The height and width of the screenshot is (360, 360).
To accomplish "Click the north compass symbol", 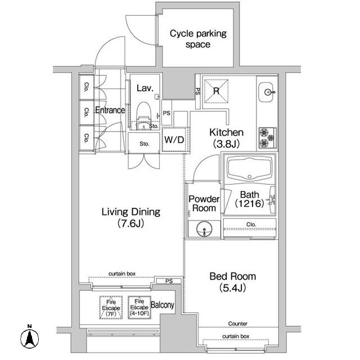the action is point(29,338).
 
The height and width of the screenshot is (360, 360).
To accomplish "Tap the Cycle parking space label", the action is point(198,39).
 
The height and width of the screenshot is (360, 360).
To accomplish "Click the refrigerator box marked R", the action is point(216,91).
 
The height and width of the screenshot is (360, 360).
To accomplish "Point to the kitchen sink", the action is point(266,92).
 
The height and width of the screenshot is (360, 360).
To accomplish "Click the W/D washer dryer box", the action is point(175,139).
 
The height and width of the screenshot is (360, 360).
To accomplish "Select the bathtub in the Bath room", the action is point(250,169).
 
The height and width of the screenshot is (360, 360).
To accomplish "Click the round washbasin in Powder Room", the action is point(204,229).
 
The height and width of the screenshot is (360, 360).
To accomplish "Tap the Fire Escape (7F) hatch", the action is point(111,308).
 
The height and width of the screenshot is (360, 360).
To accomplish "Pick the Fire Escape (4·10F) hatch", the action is point(139,308).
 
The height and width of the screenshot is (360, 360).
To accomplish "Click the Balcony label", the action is point(163,305).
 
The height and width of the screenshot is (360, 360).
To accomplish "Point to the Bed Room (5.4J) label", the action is point(232,282).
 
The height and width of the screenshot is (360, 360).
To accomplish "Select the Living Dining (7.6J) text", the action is point(131,217).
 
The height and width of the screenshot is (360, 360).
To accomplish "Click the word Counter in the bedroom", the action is point(237,324).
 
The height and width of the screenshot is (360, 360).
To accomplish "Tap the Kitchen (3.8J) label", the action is point(226,138).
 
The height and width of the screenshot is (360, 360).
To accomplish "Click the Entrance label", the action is point(110,110).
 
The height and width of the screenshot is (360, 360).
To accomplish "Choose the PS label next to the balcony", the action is point(169,281).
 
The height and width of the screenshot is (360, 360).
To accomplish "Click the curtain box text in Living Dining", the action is point(122,274).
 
